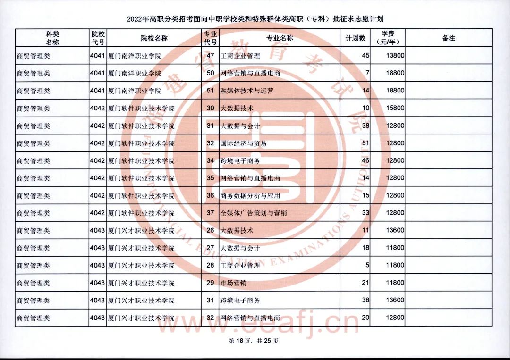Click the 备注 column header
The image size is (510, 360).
(449, 38)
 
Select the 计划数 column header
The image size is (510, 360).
(355, 38)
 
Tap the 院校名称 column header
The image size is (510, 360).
(154, 38)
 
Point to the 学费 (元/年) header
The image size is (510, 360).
(388, 38)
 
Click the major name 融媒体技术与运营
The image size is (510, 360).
(246, 91)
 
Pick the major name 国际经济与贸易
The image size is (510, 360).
(243, 143)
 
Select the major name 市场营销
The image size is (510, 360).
(233, 283)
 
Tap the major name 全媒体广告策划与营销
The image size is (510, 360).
(253, 213)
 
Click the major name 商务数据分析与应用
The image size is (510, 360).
(250, 196)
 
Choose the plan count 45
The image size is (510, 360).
(365, 56)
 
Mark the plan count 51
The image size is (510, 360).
(365, 143)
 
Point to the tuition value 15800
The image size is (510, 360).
(395, 108)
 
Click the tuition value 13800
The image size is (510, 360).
(395, 56)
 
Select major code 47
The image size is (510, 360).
(211, 56)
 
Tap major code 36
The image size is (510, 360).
(211, 196)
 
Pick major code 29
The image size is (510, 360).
(211, 283)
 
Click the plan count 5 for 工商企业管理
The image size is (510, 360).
(367, 266)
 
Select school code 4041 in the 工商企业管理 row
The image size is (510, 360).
(97, 56)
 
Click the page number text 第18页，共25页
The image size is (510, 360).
(254, 341)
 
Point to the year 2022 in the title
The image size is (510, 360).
(134, 19)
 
